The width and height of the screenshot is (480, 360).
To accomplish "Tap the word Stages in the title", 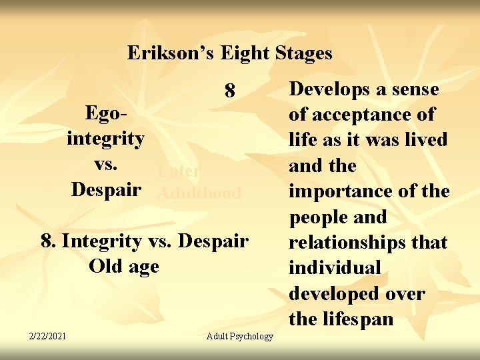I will pos(300,53).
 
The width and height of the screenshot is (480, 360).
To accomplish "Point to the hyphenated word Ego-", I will pos(106,114).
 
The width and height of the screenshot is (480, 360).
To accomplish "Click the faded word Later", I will pos(178,171).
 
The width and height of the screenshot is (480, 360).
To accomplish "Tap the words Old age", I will pos(123,266).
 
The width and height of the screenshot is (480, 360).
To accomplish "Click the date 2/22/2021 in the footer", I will pos(47,335).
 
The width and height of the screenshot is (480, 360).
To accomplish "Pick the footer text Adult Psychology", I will pos(240,336).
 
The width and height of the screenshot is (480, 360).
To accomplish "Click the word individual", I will pos(334,268).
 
